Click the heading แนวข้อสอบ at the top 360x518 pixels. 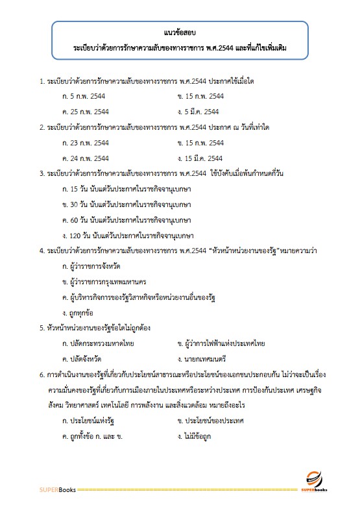pyautogui.click(x=180, y=32)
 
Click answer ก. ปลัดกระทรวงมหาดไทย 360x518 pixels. pyautogui.click(x=95, y=343)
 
